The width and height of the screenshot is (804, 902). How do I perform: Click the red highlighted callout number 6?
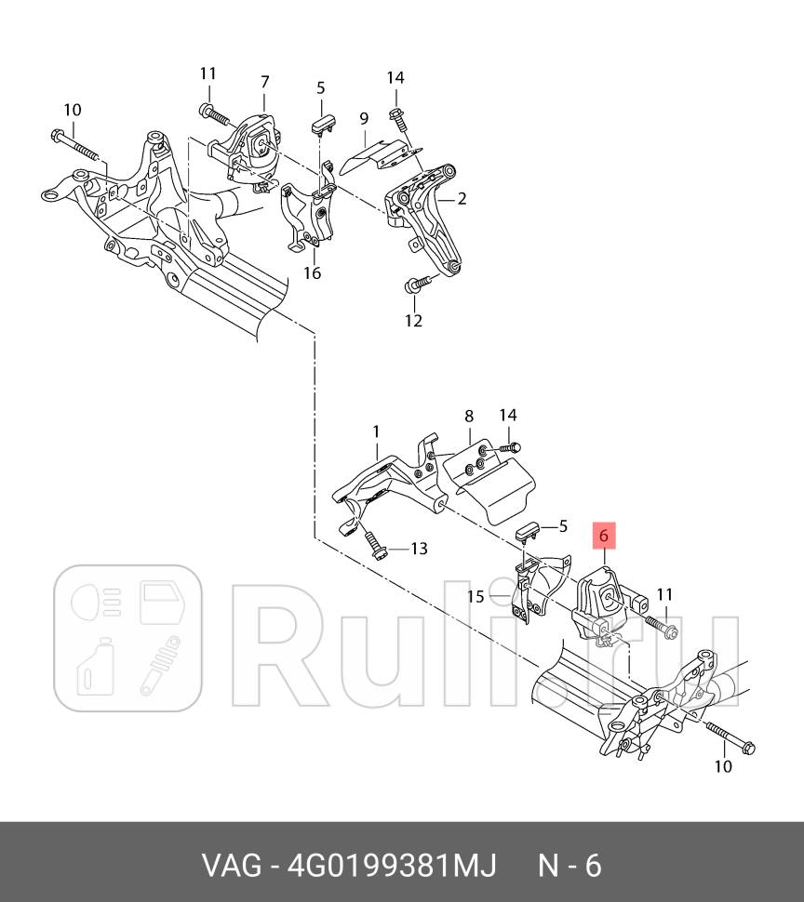603,537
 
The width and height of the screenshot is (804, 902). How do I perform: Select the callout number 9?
364,118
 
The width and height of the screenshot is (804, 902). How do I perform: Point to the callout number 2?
462,198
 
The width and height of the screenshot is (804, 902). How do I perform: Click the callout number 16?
312,272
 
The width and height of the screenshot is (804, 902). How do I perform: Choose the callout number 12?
413,321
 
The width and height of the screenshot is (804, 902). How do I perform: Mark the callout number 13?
419,549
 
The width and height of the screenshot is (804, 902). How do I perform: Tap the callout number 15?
476,596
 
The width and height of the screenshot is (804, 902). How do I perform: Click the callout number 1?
376,431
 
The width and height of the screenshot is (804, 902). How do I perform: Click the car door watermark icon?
164,603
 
